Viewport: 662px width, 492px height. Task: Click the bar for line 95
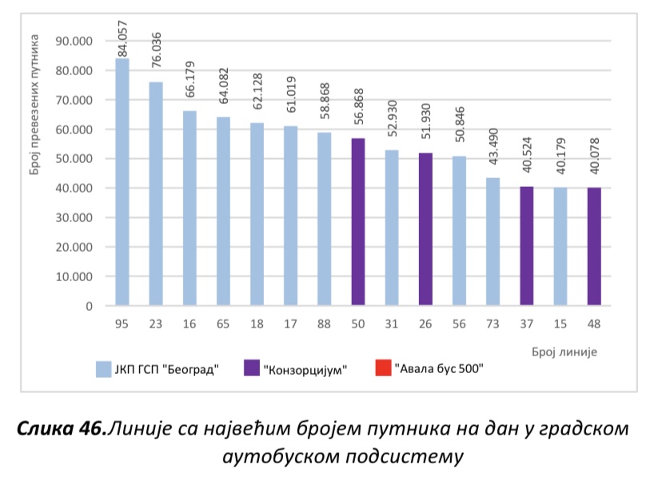click(122, 182)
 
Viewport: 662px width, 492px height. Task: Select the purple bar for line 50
click(358, 222)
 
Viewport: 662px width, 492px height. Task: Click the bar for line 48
click(594, 247)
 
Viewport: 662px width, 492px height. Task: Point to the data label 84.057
click(122, 36)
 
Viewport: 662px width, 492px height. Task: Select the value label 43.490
click(493, 155)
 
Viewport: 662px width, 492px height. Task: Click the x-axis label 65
click(223, 323)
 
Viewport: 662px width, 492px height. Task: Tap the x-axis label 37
click(526, 323)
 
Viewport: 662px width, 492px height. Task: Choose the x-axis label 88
click(325, 323)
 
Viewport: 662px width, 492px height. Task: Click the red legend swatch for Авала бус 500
click(382, 369)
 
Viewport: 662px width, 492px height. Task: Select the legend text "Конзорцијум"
click(309, 370)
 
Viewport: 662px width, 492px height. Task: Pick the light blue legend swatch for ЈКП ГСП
click(103, 369)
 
